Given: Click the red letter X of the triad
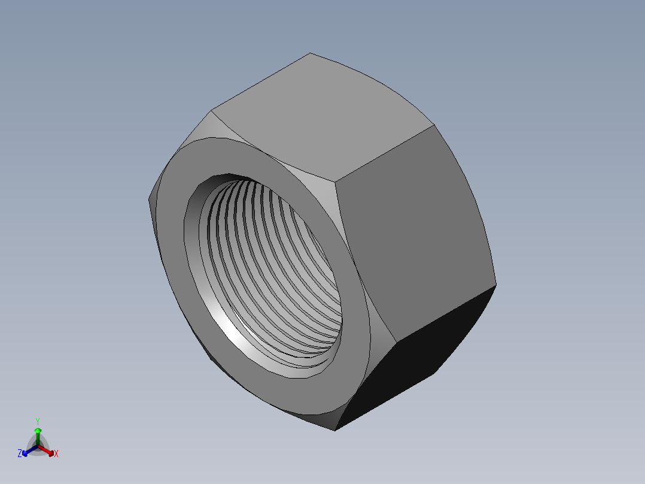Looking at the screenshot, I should click(56, 454).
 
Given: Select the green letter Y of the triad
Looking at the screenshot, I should click(38, 421).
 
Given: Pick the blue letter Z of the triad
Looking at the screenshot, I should click(20, 454).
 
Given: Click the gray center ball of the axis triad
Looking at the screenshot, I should click(38, 446).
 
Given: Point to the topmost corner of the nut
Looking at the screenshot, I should click(310, 53).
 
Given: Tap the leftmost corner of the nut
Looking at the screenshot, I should click(148, 198).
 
